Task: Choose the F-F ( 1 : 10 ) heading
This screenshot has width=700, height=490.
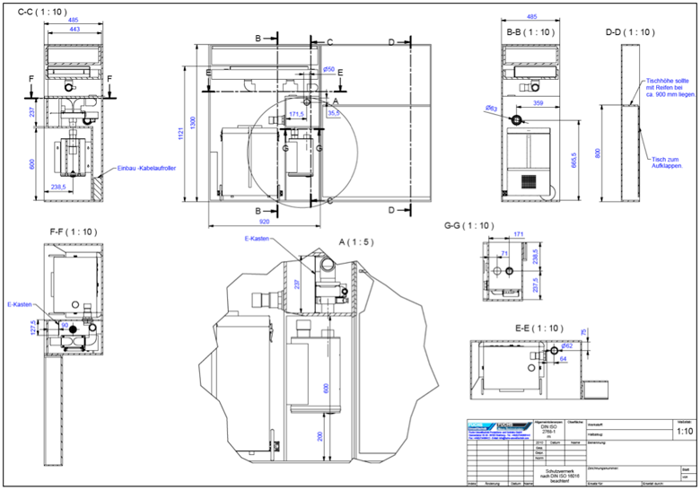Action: (74, 232)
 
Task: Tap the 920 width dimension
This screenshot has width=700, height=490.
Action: (264, 219)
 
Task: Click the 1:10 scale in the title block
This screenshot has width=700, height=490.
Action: (684, 431)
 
